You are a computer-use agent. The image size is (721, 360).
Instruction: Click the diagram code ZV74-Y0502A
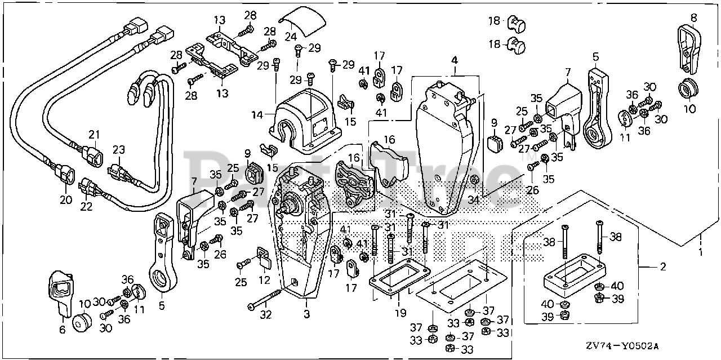pyautogui.click(x=622, y=346)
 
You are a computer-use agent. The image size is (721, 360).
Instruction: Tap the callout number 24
pyautogui.click(x=290, y=36)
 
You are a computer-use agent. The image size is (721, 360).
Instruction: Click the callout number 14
pyautogui.click(x=257, y=114)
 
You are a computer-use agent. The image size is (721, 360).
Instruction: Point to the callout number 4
pyautogui.click(x=454, y=60)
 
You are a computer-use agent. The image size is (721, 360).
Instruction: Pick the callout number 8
pyautogui.click(x=693, y=17)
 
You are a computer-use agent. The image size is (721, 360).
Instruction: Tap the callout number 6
pyautogui.click(x=63, y=329)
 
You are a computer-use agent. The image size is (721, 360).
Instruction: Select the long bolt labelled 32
pyautogui.click(x=265, y=298)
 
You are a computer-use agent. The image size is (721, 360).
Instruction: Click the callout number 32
pyautogui.click(x=266, y=314)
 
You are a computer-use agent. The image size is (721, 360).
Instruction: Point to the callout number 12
pyautogui.click(x=264, y=280)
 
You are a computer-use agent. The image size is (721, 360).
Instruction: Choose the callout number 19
pyautogui.click(x=400, y=313)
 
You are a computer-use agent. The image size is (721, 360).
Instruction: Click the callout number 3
pyautogui.click(x=307, y=314)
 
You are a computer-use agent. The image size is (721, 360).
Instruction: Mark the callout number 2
pyautogui.click(x=663, y=266)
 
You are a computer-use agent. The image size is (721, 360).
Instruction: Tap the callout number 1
pyautogui.click(x=701, y=252)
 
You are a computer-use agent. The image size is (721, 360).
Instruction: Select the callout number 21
pyautogui.click(x=94, y=135)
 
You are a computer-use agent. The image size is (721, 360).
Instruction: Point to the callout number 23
pyautogui.click(x=119, y=150)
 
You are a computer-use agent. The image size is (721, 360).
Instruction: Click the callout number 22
pyautogui.click(x=86, y=206)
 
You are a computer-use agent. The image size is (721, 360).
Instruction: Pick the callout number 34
pyautogui.click(x=474, y=200)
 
